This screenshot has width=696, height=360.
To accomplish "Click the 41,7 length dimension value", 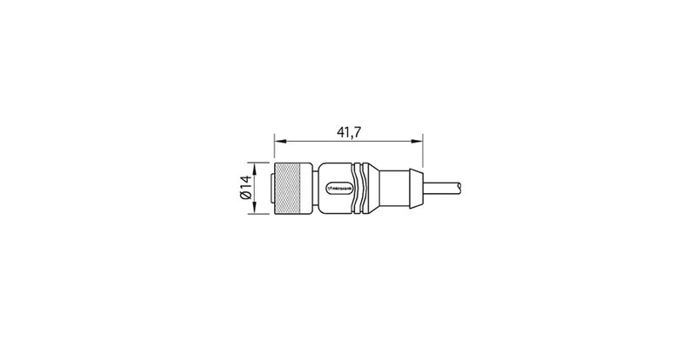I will tap(349, 132).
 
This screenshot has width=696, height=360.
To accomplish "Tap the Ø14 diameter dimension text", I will tap(245, 188).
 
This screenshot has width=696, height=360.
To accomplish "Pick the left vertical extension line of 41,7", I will tap(275, 148).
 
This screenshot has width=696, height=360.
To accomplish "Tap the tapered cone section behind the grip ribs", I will tap(375, 188).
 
